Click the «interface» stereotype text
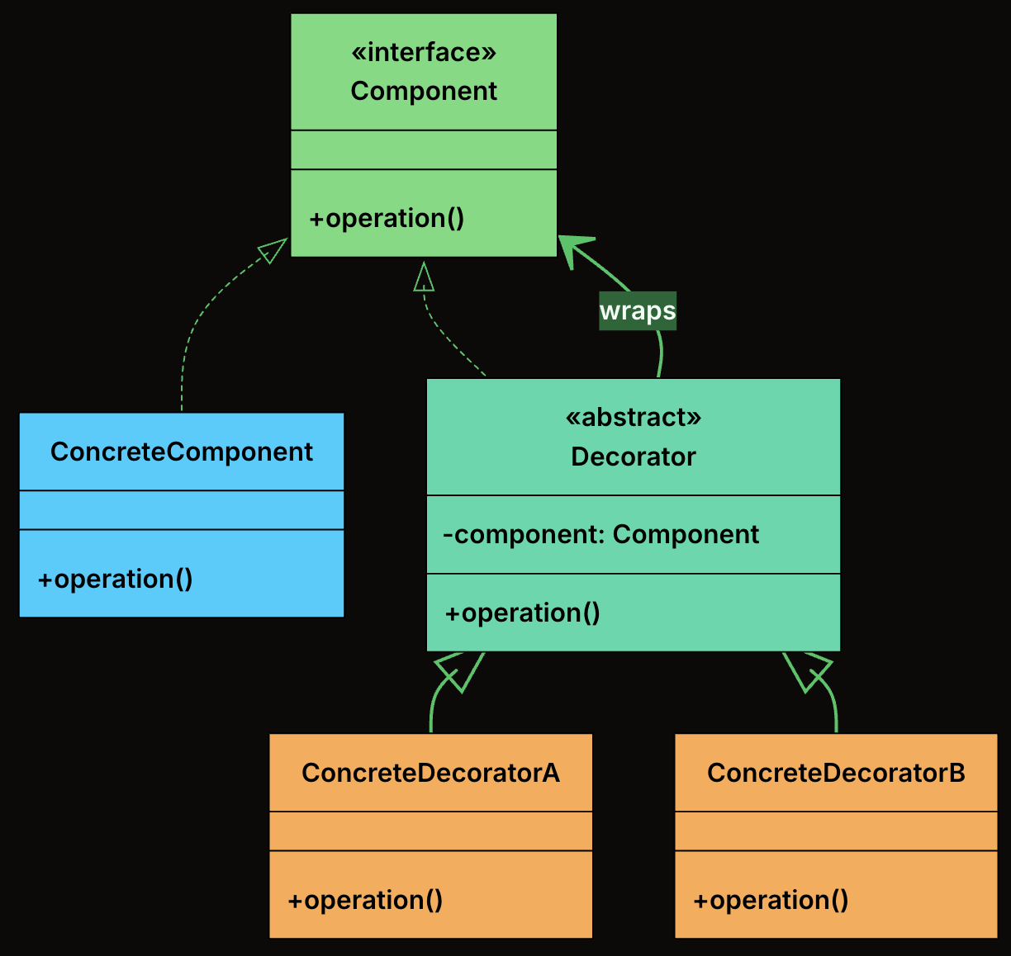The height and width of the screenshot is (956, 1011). (x=424, y=52)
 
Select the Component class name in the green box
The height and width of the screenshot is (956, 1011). (x=424, y=91)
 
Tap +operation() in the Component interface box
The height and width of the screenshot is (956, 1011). (x=387, y=218)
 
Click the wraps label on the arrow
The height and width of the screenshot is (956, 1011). (x=638, y=311)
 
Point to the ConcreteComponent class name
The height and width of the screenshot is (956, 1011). (x=182, y=452)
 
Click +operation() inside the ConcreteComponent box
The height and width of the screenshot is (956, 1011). (x=116, y=579)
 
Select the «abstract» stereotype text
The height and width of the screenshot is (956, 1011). (x=634, y=417)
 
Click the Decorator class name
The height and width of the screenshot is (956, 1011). (x=634, y=457)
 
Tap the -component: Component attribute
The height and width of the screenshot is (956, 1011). (x=600, y=534)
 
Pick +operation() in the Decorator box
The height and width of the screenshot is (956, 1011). (x=522, y=613)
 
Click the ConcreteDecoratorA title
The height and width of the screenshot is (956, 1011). (x=430, y=773)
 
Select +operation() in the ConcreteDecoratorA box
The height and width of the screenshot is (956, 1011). (x=365, y=899)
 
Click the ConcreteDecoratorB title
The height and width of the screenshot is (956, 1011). (x=836, y=773)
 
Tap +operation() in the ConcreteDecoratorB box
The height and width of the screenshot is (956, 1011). (x=771, y=899)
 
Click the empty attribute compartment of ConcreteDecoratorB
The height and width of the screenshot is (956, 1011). (x=836, y=831)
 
